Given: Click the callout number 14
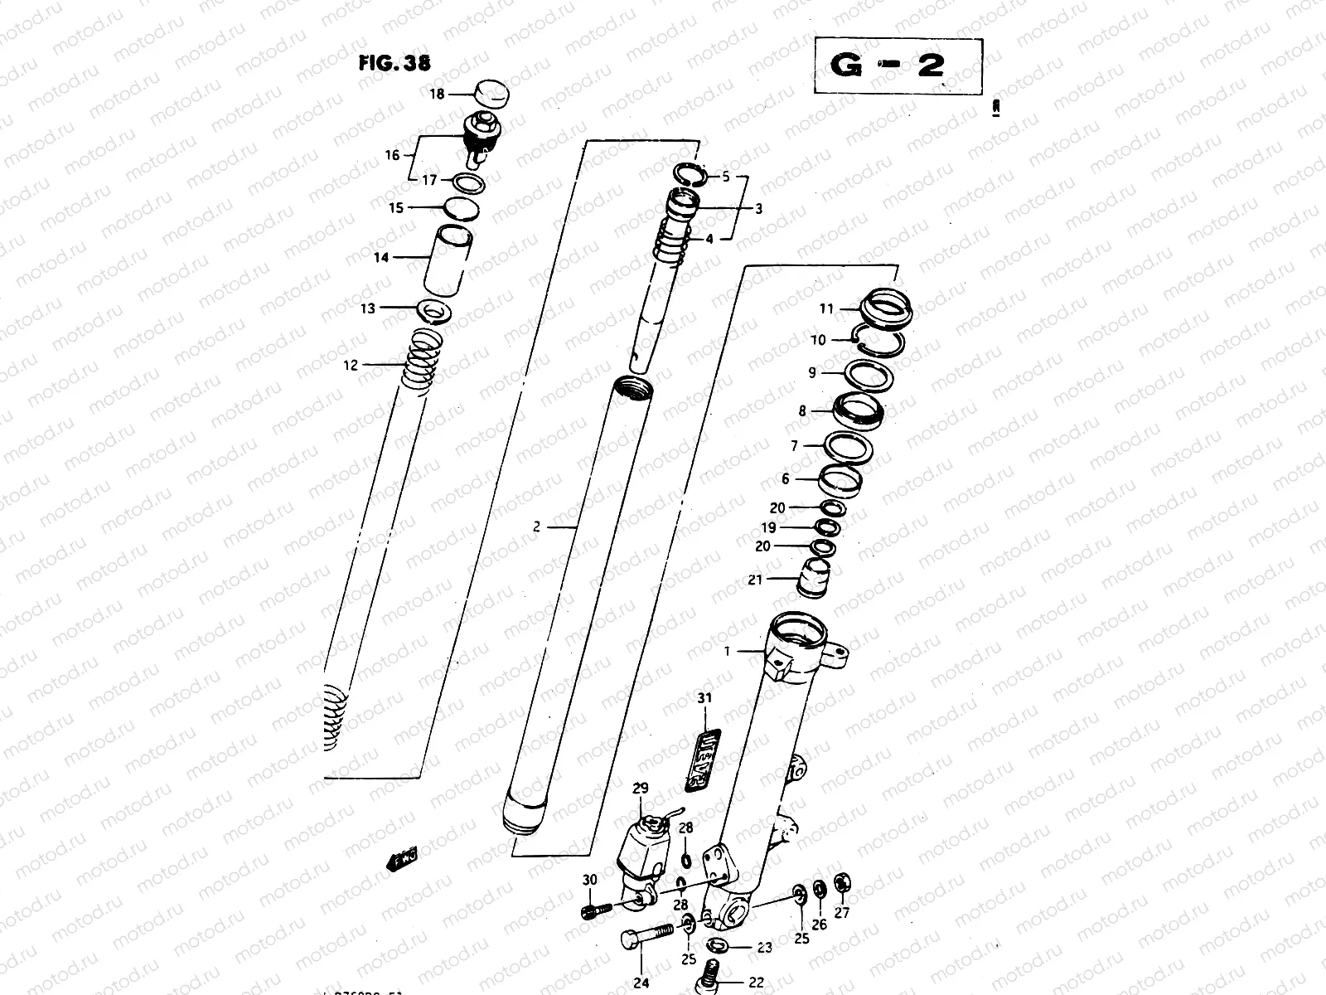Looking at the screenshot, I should point(380,258).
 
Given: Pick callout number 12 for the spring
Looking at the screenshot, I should point(351,364).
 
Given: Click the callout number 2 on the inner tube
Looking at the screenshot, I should point(537,526).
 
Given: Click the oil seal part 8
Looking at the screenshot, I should point(859,410).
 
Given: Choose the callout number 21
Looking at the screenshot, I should point(754,580).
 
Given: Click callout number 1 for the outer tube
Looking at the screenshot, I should point(728,651).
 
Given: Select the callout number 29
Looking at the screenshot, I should point(641,788).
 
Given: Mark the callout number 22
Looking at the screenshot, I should point(756,983).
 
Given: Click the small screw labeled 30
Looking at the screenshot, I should point(594,908).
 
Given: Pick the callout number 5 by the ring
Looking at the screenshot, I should point(726,177).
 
